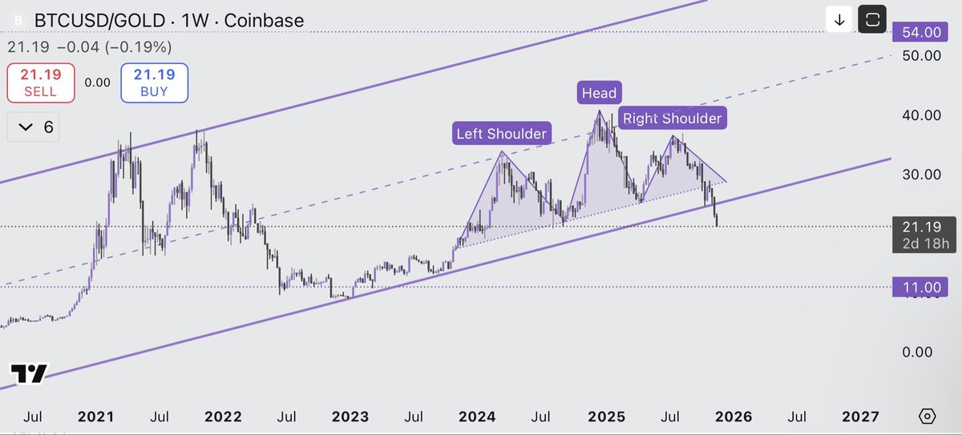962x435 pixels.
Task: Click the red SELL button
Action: [40, 83]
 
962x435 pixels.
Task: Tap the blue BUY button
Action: [154, 83]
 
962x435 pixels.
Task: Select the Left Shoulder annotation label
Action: [501, 133]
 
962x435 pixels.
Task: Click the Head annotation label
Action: [599, 93]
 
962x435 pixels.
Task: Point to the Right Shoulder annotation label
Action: [672, 119]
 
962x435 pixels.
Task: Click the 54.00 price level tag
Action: [921, 32]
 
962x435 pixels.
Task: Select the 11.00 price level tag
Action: [921, 287]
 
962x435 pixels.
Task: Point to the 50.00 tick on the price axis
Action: [920, 55]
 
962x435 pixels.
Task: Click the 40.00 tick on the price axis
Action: [920, 115]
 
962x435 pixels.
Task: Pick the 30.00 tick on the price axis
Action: [920, 174]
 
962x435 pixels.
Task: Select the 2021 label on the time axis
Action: [96, 417]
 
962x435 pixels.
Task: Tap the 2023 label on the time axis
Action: [350, 417]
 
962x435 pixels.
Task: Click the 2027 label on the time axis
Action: [860, 417]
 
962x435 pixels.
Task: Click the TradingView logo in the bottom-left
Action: [29, 373]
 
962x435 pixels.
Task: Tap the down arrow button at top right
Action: [839, 20]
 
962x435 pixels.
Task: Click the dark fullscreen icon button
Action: [872, 20]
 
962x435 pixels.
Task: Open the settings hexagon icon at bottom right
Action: [927, 417]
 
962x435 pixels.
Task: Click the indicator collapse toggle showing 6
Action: [37, 127]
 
